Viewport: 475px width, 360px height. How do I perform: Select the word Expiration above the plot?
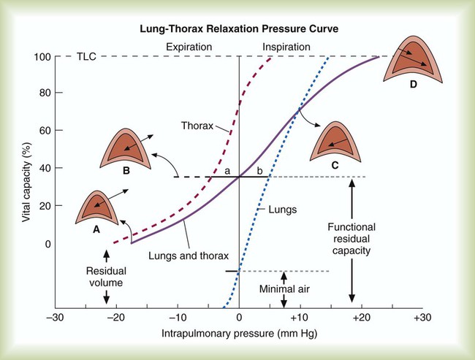(189, 47)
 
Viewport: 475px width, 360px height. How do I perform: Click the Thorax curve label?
(197, 125)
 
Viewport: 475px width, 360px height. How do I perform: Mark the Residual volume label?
(107, 274)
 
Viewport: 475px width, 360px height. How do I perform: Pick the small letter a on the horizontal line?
(228, 170)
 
